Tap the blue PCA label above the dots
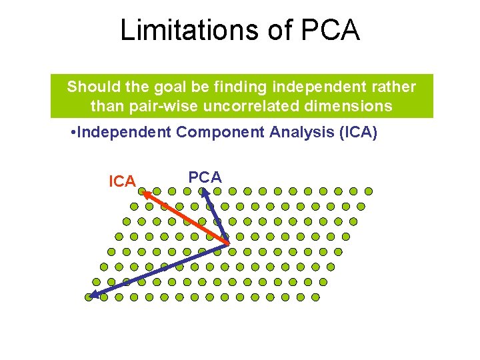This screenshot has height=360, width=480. tap(205, 177)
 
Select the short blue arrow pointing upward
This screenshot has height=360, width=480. tap(215, 217)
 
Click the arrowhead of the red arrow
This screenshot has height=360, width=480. tap(145, 195)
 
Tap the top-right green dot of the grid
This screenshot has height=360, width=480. tap(368, 191)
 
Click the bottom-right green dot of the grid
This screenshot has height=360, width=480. tap(315, 297)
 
